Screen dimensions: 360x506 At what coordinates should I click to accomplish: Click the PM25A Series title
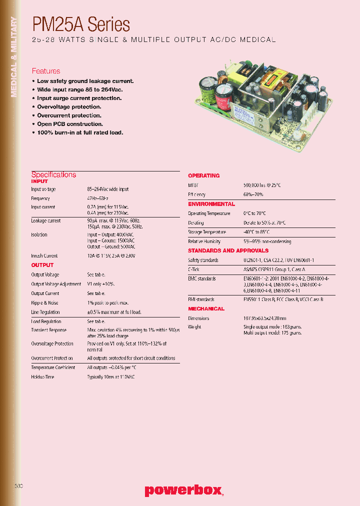pos(81,24)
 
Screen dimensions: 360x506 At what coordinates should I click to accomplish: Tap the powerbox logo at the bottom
pos(183,490)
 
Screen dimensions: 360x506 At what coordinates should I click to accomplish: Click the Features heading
pos(46,71)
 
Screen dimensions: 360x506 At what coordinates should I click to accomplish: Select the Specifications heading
pos(53,174)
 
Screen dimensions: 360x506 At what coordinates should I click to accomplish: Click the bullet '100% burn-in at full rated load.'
pos(79,132)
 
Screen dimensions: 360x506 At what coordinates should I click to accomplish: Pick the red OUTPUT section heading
pos(42,265)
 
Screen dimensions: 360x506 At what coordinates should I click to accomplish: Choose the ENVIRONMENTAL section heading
pos(211,204)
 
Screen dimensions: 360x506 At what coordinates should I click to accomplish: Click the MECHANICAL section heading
pos(206,308)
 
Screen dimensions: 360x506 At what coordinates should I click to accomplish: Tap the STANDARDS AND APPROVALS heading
pos(228,250)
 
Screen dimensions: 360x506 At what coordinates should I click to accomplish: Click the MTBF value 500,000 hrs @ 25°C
pos(262,185)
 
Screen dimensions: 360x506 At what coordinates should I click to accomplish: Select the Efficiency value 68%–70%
pos(253,194)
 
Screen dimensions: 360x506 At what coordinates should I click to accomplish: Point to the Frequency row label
pos(40,198)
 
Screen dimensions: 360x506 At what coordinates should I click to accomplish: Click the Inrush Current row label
pos(44,256)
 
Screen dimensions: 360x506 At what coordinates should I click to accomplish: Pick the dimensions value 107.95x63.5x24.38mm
pos(264,318)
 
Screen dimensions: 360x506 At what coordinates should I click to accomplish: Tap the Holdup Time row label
pos(42,377)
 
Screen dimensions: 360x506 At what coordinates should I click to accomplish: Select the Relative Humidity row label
pos(204,241)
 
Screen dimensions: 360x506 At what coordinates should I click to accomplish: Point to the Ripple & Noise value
pos(107,303)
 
